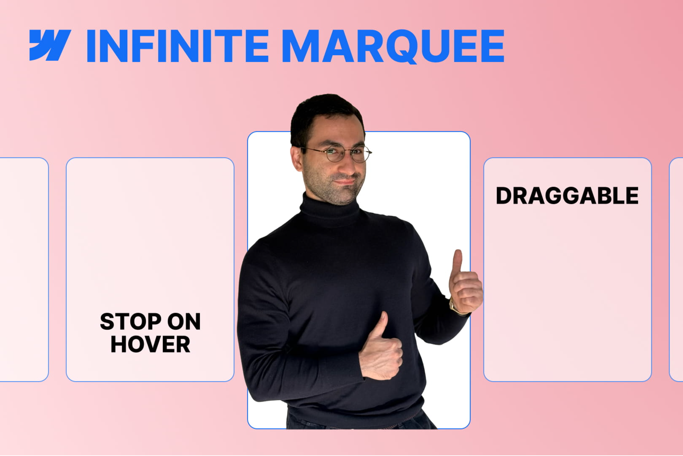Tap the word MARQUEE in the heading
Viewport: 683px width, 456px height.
393,46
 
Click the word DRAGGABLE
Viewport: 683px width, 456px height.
567,196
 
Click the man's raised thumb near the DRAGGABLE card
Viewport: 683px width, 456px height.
457,260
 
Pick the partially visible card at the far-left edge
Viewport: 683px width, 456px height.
23,269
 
